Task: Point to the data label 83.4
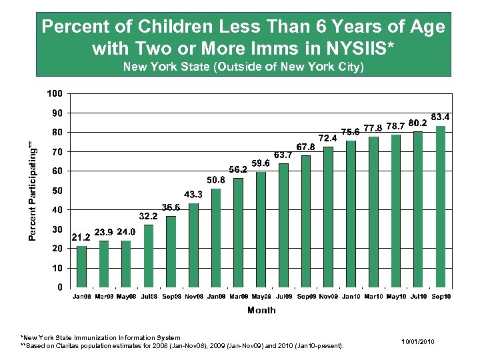[441, 117]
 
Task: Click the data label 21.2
[81, 236]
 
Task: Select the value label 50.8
[216, 179]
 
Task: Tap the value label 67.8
[305, 147]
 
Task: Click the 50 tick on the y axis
[58, 191]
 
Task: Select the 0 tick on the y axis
[61, 288]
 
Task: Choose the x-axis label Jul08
[149, 297]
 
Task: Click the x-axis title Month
[261, 311]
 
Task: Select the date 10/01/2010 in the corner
[418, 341]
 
